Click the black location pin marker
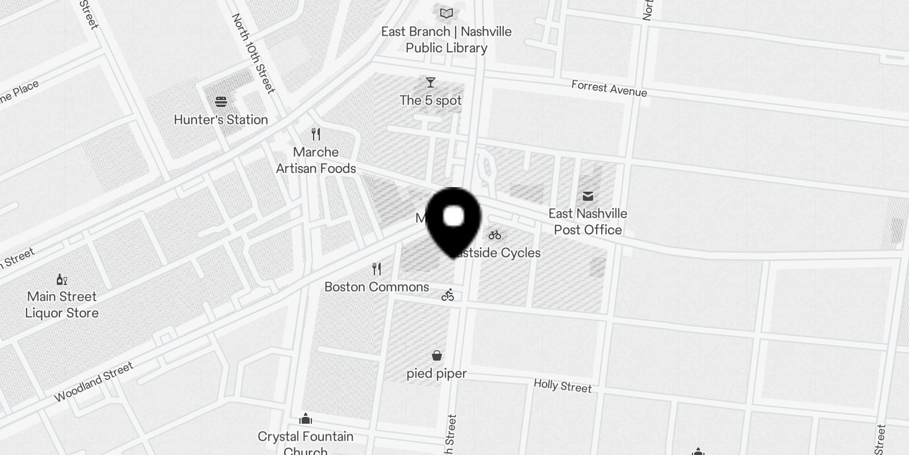[453, 220]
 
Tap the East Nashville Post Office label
[587, 222]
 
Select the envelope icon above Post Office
[587, 196]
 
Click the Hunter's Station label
[220, 119]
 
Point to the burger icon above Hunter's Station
[221, 102]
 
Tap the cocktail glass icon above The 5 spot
[431, 83]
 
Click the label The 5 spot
[431, 101]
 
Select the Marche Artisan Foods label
[316, 160]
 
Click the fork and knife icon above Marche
[316, 134]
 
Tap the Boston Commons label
[377, 287]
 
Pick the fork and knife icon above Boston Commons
[377, 268]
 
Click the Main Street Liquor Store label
[62, 305]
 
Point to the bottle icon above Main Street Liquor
[62, 279]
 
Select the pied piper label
[436, 374]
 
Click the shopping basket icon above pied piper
[436, 355]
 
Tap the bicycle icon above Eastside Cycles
[495, 235]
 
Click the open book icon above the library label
[447, 13]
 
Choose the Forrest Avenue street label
[609, 89]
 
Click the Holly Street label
[562, 386]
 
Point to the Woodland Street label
[94, 382]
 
